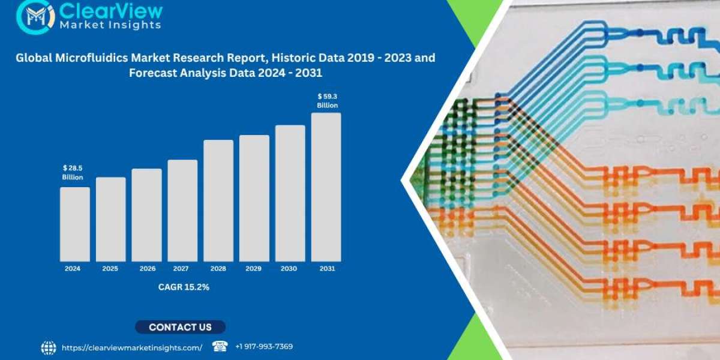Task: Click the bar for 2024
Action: click(x=75, y=224)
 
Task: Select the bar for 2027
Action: click(x=182, y=211)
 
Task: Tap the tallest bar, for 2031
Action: click(x=326, y=187)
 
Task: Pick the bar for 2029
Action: click(x=254, y=198)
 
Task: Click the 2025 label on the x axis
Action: click(x=110, y=269)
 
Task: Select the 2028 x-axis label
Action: click(x=218, y=269)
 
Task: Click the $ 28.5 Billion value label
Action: click(x=73, y=172)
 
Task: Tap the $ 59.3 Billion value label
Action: click(x=327, y=101)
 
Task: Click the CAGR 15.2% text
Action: click(x=184, y=287)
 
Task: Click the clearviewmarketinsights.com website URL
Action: click(x=131, y=347)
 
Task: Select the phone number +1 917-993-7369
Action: click(x=264, y=347)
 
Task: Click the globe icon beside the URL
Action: click(x=49, y=347)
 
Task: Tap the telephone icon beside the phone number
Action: click(x=220, y=346)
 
